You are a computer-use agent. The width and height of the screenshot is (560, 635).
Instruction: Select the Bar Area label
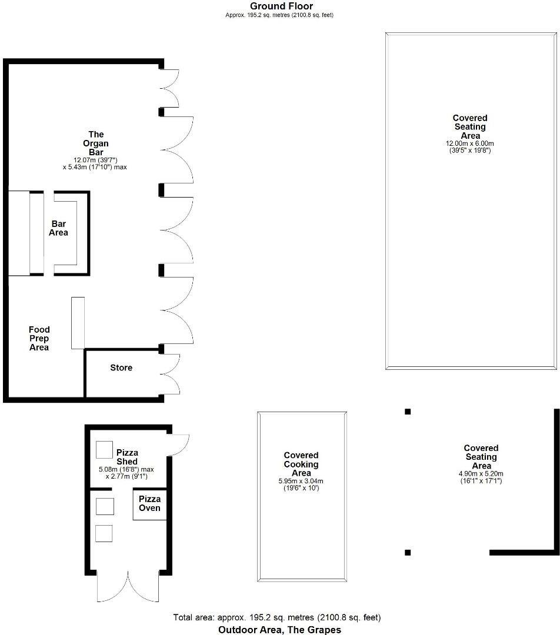tap(59, 228)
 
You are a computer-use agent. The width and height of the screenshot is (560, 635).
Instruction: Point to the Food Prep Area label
tap(39, 339)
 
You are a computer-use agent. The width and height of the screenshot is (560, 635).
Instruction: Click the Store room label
tap(121, 368)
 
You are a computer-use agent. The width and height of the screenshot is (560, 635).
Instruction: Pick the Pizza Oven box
tap(149, 504)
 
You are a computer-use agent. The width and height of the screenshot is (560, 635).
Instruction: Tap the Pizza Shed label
tap(127, 457)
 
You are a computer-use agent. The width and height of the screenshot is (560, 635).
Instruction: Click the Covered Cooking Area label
tap(301, 464)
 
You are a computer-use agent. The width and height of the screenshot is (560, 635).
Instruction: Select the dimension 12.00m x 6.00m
tap(469, 143)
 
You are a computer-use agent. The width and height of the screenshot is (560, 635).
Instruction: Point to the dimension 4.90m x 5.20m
tap(481, 474)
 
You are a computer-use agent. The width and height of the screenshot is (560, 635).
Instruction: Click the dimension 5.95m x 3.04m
tap(301, 481)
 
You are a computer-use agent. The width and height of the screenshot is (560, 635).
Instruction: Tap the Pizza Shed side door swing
tap(178, 444)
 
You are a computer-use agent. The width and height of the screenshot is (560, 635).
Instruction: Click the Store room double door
tap(171, 374)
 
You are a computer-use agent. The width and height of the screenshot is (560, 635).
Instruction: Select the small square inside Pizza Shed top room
tap(104, 450)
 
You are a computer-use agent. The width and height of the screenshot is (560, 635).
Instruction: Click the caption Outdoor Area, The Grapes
tap(279, 630)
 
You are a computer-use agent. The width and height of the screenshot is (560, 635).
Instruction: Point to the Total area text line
tap(277, 617)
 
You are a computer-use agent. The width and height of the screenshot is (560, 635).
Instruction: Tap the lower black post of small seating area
tap(408, 552)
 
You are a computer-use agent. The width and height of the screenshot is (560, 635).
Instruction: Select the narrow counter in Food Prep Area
tap(78, 323)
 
